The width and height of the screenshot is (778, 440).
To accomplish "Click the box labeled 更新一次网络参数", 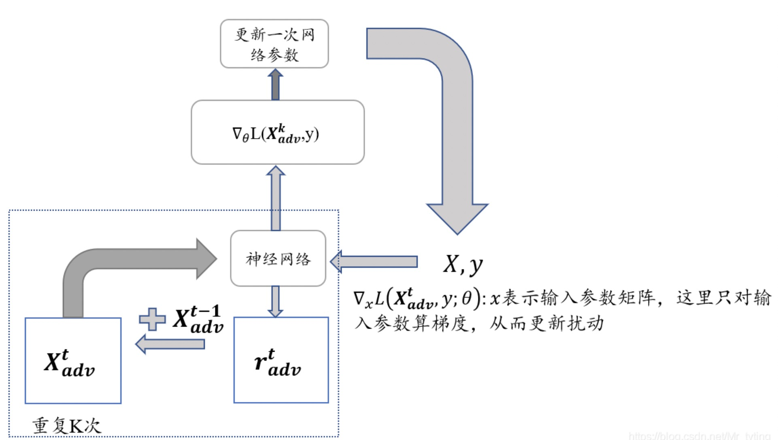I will pyautogui.click(x=274, y=44).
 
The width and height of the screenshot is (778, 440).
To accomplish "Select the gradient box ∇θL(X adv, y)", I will pyautogui.click(x=277, y=132).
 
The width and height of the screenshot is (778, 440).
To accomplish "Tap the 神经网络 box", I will pyautogui.click(x=278, y=258).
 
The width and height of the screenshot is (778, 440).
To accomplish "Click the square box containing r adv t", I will pyautogui.click(x=281, y=360).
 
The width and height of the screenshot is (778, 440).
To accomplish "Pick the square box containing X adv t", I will pyautogui.click(x=73, y=361).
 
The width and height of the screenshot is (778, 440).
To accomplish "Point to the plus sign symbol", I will pyautogui.click(x=152, y=319).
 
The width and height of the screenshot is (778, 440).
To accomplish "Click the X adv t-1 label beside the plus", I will pyautogui.click(x=198, y=320).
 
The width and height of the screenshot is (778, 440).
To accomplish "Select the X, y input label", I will pyautogui.click(x=463, y=265).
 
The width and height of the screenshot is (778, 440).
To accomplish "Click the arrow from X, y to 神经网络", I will pyautogui.click(x=374, y=261).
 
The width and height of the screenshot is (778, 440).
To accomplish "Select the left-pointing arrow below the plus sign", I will pyautogui.click(x=170, y=344).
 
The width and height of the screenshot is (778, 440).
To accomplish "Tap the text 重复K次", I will pyautogui.click(x=66, y=426).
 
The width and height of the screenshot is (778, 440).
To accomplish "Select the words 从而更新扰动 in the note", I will pyautogui.click(x=546, y=323).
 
